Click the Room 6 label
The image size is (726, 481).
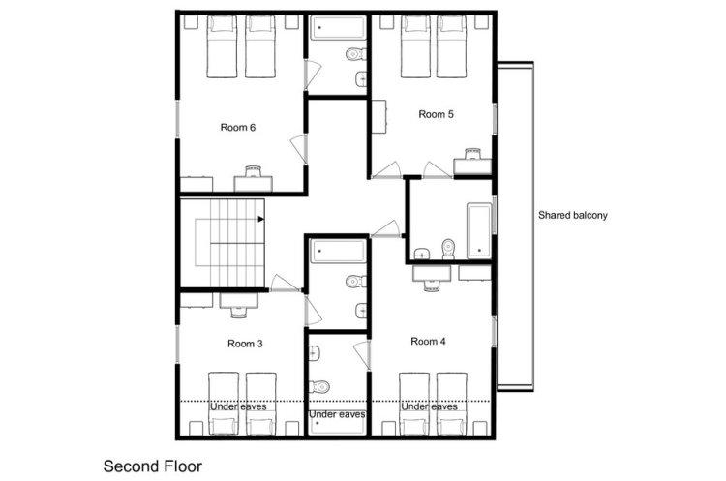pyautogui.click(x=238, y=128)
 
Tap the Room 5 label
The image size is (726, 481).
pyautogui.click(x=437, y=114)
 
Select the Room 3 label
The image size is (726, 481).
pyautogui.click(x=246, y=344)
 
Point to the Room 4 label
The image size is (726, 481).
pyautogui.click(x=428, y=342)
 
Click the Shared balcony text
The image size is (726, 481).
pyautogui.click(x=573, y=215)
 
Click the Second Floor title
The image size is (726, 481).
pyautogui.click(x=153, y=466)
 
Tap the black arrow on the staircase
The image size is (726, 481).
pyautogui.click(x=261, y=219)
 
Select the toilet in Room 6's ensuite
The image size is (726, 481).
pyautogui.click(x=356, y=54)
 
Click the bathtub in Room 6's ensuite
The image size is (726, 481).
pyautogui.click(x=338, y=29)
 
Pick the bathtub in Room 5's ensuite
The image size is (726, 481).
pyautogui.click(x=479, y=230)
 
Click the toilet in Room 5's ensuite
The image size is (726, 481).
pyautogui.click(x=448, y=249)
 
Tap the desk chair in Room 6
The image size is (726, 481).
pyautogui.click(x=254, y=170)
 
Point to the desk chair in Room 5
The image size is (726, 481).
pyautogui.click(x=472, y=154)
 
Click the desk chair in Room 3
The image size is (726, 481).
pyautogui.click(x=239, y=313)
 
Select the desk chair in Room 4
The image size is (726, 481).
pyautogui.click(x=431, y=286)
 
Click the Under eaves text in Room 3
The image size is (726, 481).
pyautogui.click(x=238, y=406)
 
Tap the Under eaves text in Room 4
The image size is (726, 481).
pyautogui.click(x=429, y=406)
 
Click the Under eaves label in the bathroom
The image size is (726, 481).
pyautogui.click(x=337, y=414)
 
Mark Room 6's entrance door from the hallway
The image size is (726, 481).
pyautogui.click(x=299, y=149)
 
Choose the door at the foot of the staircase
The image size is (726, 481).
pyautogui.click(x=285, y=284)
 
